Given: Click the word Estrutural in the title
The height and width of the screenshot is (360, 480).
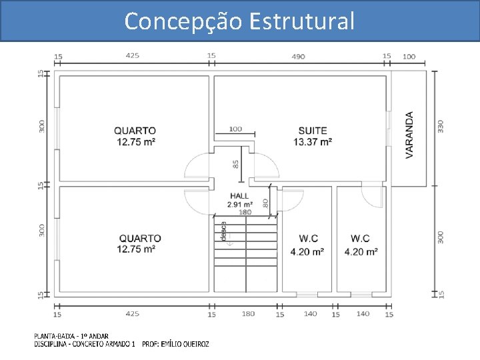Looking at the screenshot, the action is [x=301, y=21].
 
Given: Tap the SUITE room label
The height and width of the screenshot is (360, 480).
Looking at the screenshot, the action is [x=313, y=131].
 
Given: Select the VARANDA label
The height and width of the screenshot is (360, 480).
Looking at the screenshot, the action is [x=409, y=135].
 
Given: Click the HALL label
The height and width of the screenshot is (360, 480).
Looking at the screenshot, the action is [x=239, y=196].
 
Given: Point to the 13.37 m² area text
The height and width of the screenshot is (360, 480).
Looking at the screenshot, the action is [x=313, y=142].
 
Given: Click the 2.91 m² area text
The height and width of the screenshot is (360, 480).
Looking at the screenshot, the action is [x=240, y=205].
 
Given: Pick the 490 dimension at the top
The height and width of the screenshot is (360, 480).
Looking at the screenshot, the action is [x=298, y=57].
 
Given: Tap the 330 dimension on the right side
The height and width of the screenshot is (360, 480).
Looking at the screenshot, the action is [x=440, y=127].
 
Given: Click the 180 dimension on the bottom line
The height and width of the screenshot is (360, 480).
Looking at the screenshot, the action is [x=248, y=314].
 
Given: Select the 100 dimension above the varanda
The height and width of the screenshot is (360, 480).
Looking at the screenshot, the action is [x=409, y=57].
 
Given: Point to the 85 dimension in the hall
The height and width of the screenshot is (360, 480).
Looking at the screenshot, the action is [x=235, y=165].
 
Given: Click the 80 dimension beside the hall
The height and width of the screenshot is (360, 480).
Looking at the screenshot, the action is [x=265, y=203].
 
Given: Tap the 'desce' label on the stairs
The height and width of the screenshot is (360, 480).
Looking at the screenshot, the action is [x=224, y=231].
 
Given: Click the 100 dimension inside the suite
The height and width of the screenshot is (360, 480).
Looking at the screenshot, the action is [x=235, y=129].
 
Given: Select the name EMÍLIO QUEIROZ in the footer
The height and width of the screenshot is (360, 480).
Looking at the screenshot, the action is [x=185, y=345].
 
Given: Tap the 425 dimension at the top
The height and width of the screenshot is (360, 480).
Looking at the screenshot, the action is [x=132, y=56].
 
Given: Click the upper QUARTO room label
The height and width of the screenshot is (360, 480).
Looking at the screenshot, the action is [x=135, y=131].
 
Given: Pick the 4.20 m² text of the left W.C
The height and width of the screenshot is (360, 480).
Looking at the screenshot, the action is [x=307, y=252].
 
